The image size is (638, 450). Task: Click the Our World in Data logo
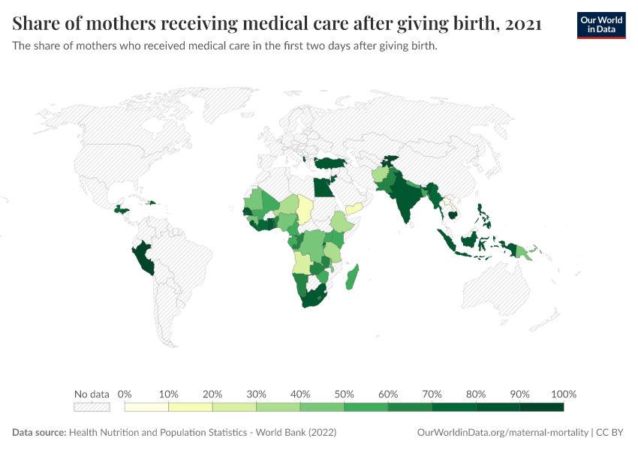tap(601, 25)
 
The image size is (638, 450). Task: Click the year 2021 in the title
tap(524, 24)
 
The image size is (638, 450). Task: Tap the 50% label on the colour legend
tap(344, 394)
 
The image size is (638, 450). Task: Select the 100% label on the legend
tap(563, 394)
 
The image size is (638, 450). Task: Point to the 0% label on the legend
tap(125, 394)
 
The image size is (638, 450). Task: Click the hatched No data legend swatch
tap(92, 407)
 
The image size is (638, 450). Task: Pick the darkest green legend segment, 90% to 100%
tap(541, 407)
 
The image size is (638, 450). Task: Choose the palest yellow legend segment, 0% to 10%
tap(146, 407)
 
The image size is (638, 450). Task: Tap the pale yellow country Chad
tap(306, 209)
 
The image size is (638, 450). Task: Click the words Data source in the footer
tap(39, 433)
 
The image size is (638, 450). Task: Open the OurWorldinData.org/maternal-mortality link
tap(502, 433)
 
